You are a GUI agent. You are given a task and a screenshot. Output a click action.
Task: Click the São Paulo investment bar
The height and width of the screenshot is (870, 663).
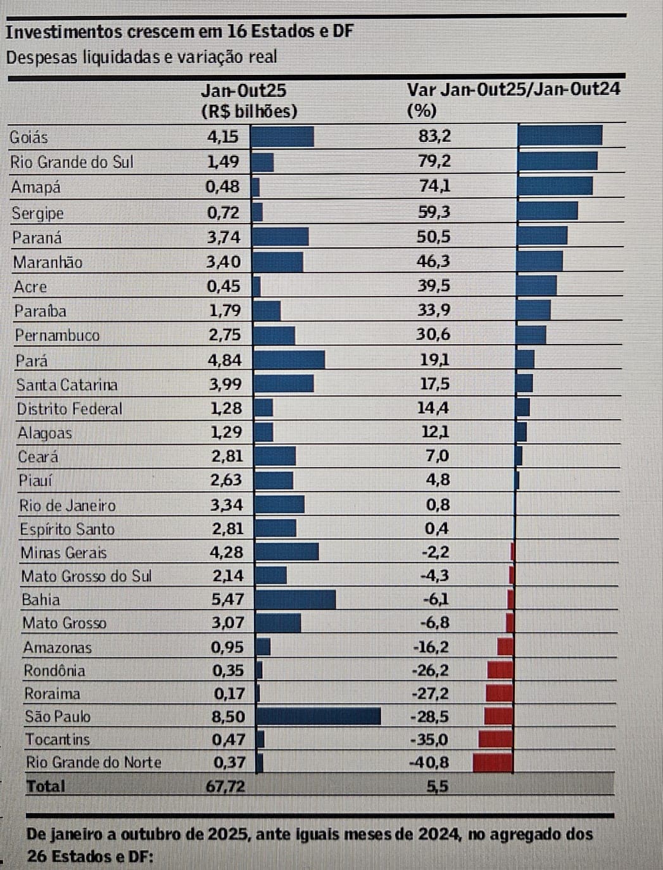319,716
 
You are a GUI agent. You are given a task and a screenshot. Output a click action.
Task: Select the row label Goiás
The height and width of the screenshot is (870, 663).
28,138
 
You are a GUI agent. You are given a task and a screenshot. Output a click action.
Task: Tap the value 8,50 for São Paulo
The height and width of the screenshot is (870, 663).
228,717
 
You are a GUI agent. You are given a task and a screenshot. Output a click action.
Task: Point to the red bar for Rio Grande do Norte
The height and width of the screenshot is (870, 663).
492,762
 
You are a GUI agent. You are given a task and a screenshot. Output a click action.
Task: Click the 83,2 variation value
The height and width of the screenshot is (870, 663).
434,136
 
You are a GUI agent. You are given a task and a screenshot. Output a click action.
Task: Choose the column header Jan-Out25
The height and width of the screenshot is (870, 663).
243,90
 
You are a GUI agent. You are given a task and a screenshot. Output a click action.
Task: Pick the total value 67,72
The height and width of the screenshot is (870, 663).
225,786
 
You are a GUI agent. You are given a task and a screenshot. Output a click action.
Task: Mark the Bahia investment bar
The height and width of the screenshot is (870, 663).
296,599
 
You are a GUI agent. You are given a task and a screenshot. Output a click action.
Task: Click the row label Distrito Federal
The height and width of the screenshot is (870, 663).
70,409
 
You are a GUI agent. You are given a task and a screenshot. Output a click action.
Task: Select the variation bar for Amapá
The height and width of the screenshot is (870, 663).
555,186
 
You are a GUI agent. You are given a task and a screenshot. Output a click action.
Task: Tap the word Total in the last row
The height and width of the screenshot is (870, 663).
46,786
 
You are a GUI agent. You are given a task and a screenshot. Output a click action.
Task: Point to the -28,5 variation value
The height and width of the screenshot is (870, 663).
430,717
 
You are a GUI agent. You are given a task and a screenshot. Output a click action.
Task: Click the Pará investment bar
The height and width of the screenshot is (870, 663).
289,360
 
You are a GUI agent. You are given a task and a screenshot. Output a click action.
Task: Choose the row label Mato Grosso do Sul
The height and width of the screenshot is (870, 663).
86,576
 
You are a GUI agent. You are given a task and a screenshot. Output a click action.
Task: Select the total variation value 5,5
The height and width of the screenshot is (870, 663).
437,786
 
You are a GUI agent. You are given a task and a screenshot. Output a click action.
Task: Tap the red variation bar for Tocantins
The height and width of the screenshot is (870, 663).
495,739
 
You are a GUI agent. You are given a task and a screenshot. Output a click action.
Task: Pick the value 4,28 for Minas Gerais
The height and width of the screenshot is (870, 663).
226,552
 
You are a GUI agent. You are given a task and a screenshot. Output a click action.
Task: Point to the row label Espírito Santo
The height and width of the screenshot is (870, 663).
67,529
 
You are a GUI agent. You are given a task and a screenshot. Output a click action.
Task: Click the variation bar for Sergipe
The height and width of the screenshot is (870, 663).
547,211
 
